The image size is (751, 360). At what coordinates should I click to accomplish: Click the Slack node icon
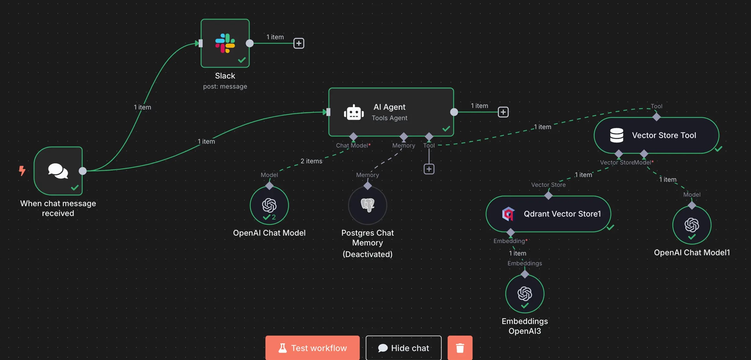pyautogui.click(x=225, y=43)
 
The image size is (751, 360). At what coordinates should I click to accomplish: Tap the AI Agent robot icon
pyautogui.click(x=354, y=112)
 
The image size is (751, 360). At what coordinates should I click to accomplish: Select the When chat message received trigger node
pyautogui.click(x=58, y=171)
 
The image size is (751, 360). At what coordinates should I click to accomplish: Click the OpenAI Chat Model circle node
pyautogui.click(x=269, y=205)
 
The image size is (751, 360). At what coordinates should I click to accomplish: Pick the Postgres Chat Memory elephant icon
pyautogui.click(x=368, y=205)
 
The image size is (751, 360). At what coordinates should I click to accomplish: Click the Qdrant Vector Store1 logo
pyautogui.click(x=508, y=214)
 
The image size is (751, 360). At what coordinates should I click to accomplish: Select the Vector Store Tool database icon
pyautogui.click(x=616, y=135)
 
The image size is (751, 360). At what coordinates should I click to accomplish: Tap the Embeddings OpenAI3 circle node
pyautogui.click(x=525, y=294)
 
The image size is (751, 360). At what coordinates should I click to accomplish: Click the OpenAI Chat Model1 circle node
pyautogui.click(x=692, y=225)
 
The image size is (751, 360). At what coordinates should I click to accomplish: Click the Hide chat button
pyautogui.click(x=404, y=348)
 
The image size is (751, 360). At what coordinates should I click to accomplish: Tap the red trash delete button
pyautogui.click(x=460, y=348)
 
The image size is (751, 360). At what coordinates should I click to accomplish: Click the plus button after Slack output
pyautogui.click(x=299, y=43)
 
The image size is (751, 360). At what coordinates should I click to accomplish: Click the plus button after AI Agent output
pyautogui.click(x=503, y=112)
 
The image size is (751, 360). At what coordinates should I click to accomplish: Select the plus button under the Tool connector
pyautogui.click(x=429, y=169)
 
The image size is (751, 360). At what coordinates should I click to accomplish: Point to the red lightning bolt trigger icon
pyautogui.click(x=22, y=170)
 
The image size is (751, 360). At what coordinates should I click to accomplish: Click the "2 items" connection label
pyautogui.click(x=311, y=161)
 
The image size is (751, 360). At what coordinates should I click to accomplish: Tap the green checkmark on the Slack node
pyautogui.click(x=242, y=60)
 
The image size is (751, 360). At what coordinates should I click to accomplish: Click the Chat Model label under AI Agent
pyautogui.click(x=352, y=145)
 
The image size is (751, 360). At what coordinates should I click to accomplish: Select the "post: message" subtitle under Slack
pyautogui.click(x=225, y=87)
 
